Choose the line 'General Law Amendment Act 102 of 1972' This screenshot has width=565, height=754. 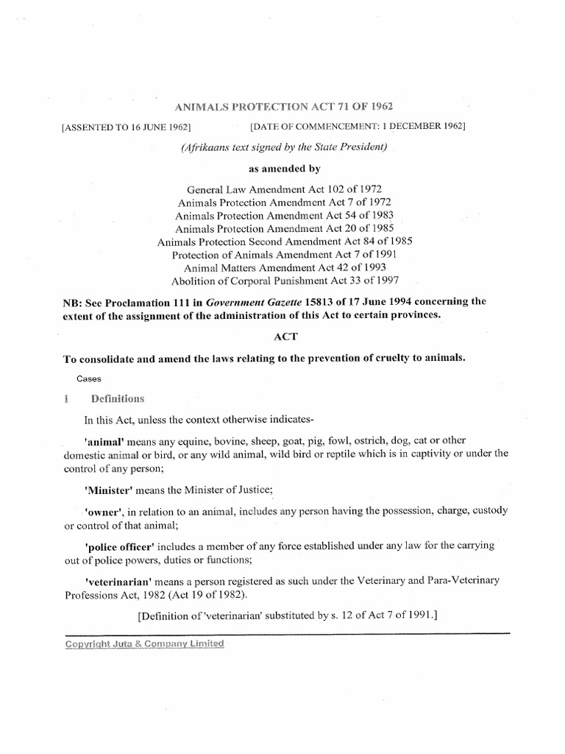[285, 190]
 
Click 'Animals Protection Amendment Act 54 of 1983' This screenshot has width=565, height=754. [285, 216]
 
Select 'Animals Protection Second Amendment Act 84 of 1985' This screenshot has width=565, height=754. [285, 242]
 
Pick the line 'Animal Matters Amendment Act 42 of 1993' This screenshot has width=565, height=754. [285, 267]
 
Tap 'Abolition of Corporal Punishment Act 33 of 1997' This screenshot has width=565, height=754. [285, 281]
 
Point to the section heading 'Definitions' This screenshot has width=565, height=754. [118, 399]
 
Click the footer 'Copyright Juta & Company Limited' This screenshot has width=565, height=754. [144, 643]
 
